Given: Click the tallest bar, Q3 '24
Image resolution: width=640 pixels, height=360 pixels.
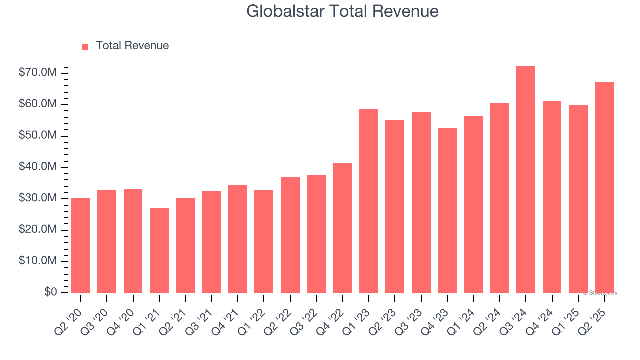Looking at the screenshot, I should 526,180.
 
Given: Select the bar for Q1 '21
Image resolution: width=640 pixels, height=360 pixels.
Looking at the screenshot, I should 159,250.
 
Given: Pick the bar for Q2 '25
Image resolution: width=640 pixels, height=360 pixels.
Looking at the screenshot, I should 604,188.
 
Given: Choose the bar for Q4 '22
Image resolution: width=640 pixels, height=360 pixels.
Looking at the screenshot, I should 342,228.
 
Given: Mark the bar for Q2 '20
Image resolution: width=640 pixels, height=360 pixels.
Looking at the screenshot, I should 81,245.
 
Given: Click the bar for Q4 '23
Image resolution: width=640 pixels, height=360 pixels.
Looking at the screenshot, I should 447,210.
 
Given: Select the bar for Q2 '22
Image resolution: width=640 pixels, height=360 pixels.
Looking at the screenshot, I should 290,235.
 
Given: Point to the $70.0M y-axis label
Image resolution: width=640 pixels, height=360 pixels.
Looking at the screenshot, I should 38,73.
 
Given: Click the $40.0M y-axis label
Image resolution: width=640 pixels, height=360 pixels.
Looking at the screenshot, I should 38,167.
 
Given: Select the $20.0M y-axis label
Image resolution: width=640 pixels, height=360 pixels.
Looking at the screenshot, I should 38,230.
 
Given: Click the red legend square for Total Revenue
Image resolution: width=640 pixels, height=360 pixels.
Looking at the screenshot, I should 85,46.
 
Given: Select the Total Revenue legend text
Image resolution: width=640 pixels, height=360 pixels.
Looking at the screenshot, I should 132,46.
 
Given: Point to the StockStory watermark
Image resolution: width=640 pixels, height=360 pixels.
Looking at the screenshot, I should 600,293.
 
